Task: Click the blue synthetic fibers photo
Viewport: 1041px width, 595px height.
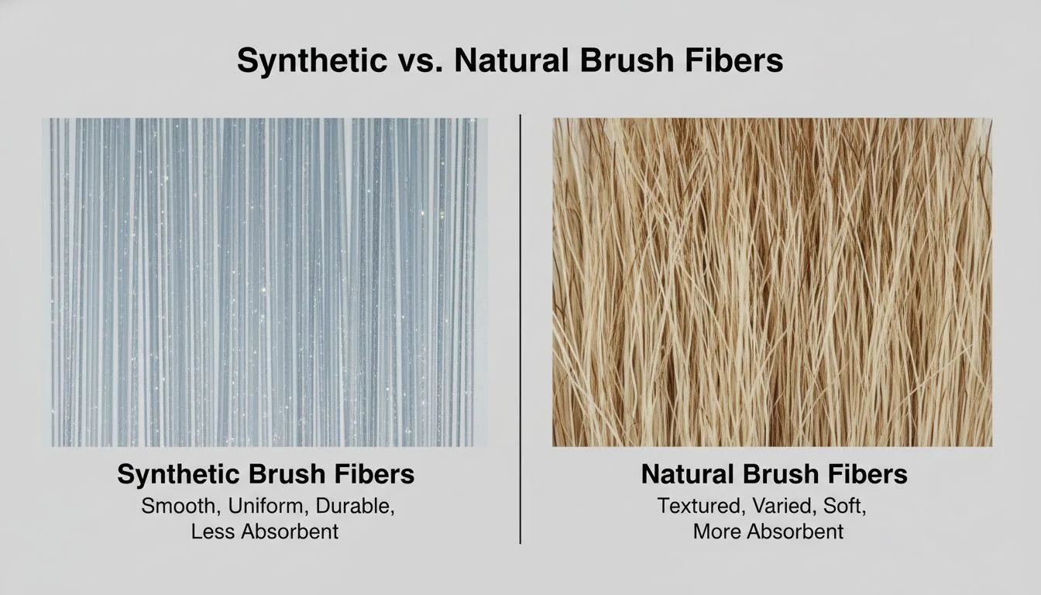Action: (269, 282)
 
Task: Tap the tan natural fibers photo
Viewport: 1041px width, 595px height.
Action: (771, 282)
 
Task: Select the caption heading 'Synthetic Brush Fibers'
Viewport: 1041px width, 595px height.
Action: (266, 474)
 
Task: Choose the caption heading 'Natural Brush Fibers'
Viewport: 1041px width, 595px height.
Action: (774, 474)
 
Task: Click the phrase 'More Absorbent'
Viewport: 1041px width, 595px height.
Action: (768, 532)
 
